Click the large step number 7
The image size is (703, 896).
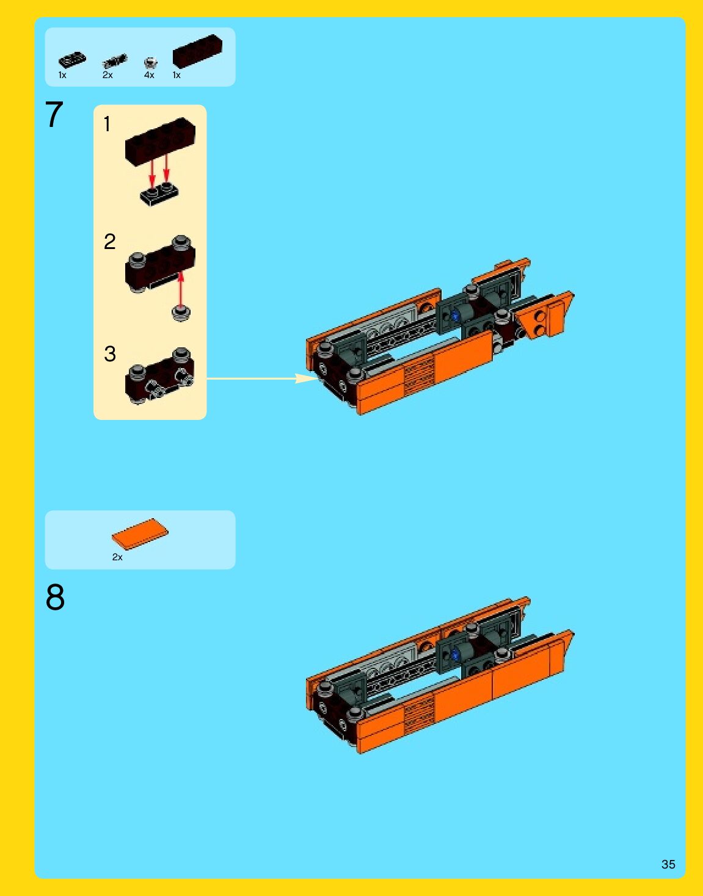(x=54, y=114)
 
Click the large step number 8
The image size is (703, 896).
(x=55, y=597)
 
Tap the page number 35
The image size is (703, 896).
(x=668, y=864)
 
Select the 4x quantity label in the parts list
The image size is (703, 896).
(x=149, y=75)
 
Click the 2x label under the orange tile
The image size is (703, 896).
(x=117, y=557)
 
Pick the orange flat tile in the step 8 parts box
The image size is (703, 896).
(x=140, y=534)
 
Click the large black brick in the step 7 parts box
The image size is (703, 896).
(x=197, y=51)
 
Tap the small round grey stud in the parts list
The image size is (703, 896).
(x=150, y=63)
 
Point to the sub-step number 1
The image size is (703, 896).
(x=107, y=124)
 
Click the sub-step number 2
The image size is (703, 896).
(x=110, y=242)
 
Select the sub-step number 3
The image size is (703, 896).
(x=110, y=354)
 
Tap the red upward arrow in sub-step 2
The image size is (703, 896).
(x=180, y=289)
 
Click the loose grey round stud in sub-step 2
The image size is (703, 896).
(x=181, y=313)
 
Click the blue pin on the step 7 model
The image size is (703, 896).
(x=455, y=316)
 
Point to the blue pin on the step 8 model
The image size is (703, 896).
(x=456, y=654)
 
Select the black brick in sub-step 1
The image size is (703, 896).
(x=160, y=142)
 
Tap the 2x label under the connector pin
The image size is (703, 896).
(x=107, y=75)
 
